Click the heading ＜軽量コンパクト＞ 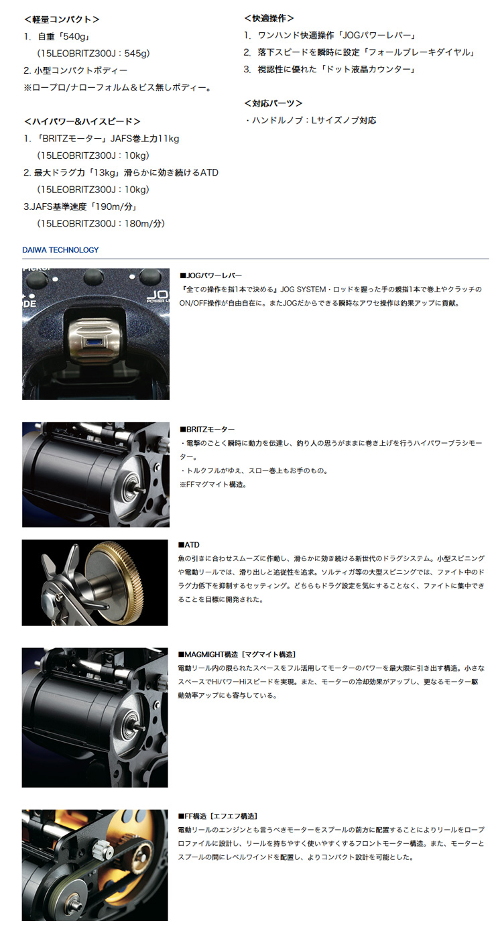(x=62, y=19)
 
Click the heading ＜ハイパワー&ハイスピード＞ (x=82, y=121)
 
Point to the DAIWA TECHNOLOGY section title (x=60, y=250)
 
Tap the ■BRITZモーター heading (x=207, y=428)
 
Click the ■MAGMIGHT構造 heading (x=237, y=654)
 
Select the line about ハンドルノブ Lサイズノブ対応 (x=312, y=121)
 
